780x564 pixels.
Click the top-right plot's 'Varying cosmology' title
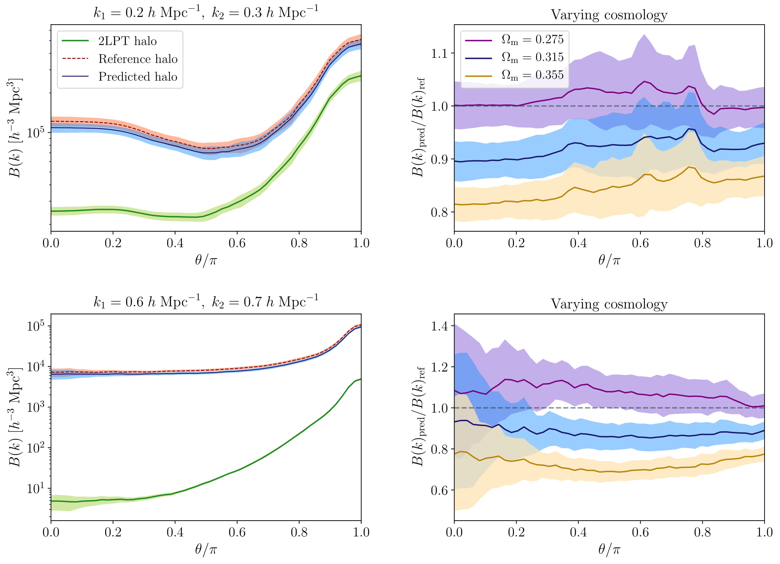point(609,15)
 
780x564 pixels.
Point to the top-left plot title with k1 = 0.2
point(206,13)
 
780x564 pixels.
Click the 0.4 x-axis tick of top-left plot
point(175,243)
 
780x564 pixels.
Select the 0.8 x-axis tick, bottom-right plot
point(702,532)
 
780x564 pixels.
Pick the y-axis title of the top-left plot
point(14,128)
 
